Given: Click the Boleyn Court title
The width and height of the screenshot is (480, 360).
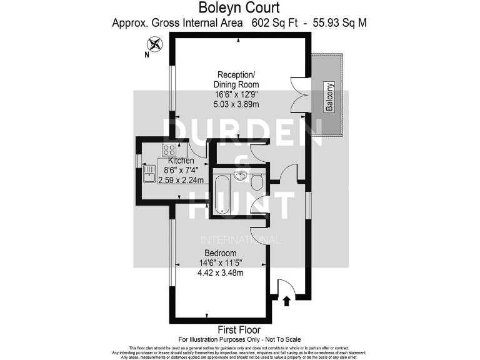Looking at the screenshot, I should pyautogui.click(x=239, y=9).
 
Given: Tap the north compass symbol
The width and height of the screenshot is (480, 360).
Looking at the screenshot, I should pyautogui.click(x=154, y=44).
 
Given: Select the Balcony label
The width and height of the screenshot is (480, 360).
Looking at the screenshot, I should pyautogui.click(x=329, y=97).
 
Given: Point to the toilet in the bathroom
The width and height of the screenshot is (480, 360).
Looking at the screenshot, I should pyautogui.click(x=256, y=182).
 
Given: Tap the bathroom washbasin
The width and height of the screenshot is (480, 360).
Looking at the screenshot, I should pyautogui.click(x=240, y=176).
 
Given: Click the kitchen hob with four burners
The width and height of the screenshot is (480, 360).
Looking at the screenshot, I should pyautogui.click(x=169, y=150).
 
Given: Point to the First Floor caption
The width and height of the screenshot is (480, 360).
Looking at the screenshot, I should pyautogui.click(x=239, y=329).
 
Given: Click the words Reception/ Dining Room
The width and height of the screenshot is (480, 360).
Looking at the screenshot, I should pyautogui.click(x=236, y=79).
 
